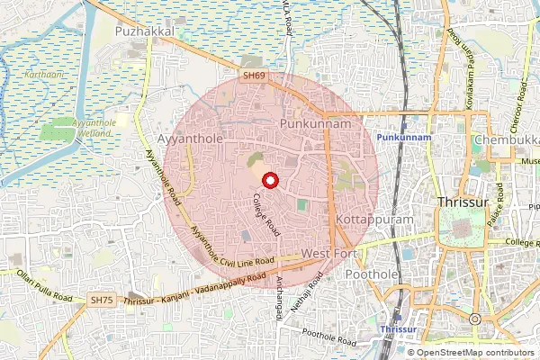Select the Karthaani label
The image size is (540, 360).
[x=45, y=75]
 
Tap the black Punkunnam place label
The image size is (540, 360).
[x=314, y=120]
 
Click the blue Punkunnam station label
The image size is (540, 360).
[x=404, y=136]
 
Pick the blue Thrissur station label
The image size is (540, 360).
[x=400, y=329]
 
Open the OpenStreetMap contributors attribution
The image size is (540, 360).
[x=475, y=353]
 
